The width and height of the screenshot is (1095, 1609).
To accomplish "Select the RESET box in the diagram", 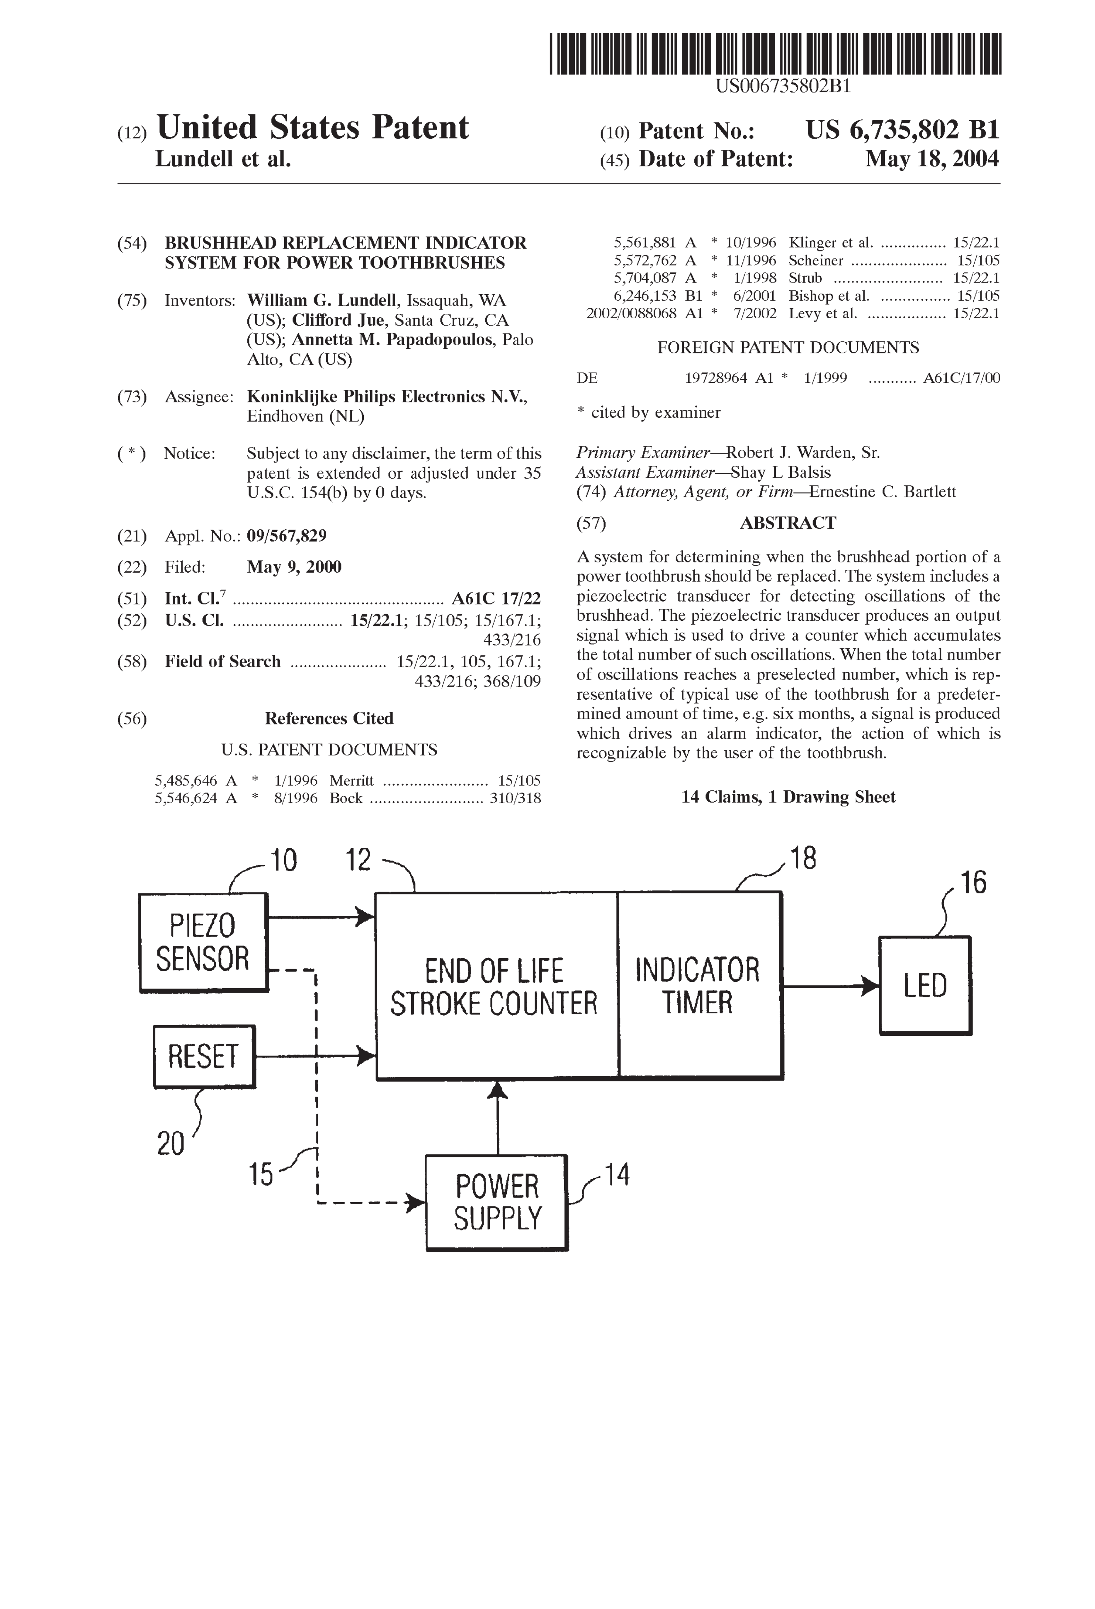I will pyautogui.click(x=203, y=1056).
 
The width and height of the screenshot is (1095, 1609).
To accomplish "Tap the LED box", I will pyautogui.click(x=925, y=985).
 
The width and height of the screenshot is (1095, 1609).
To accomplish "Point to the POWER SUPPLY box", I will pyautogui.click(x=496, y=1203).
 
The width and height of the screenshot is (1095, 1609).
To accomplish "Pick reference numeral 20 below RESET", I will pyautogui.click(x=170, y=1143).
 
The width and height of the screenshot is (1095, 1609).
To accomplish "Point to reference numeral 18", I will pyautogui.click(x=803, y=859).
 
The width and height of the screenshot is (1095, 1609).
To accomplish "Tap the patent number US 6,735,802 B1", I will pyautogui.click(x=902, y=130).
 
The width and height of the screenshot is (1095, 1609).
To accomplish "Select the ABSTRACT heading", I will pyautogui.click(x=788, y=523).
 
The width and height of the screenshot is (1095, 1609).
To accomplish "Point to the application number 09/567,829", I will pyautogui.click(x=287, y=536).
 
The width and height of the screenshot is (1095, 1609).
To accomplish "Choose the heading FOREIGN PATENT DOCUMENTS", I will pyautogui.click(x=788, y=348).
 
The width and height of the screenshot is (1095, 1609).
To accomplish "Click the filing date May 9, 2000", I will pyautogui.click(x=294, y=567).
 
